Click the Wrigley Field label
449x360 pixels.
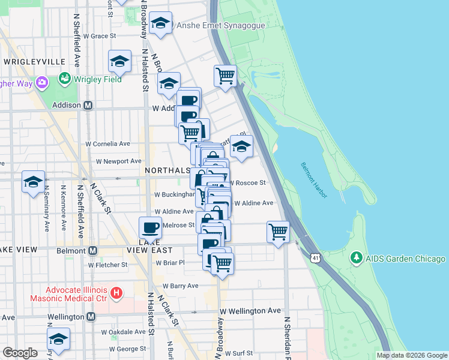98,79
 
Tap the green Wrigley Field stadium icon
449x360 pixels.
64,79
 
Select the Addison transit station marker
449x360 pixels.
88,105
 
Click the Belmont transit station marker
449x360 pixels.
93,250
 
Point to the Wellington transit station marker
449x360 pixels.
91,316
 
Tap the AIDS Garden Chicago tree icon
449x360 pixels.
357,259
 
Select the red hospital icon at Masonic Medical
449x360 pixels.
117,293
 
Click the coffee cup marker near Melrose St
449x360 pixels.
150,228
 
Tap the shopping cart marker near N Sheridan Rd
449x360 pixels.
279,232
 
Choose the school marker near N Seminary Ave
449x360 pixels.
33,182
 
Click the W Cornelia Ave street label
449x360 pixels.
108,144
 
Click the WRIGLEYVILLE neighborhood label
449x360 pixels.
34,62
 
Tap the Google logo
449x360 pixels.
20,353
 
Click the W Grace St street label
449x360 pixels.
100,36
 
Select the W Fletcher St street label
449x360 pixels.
108,264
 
